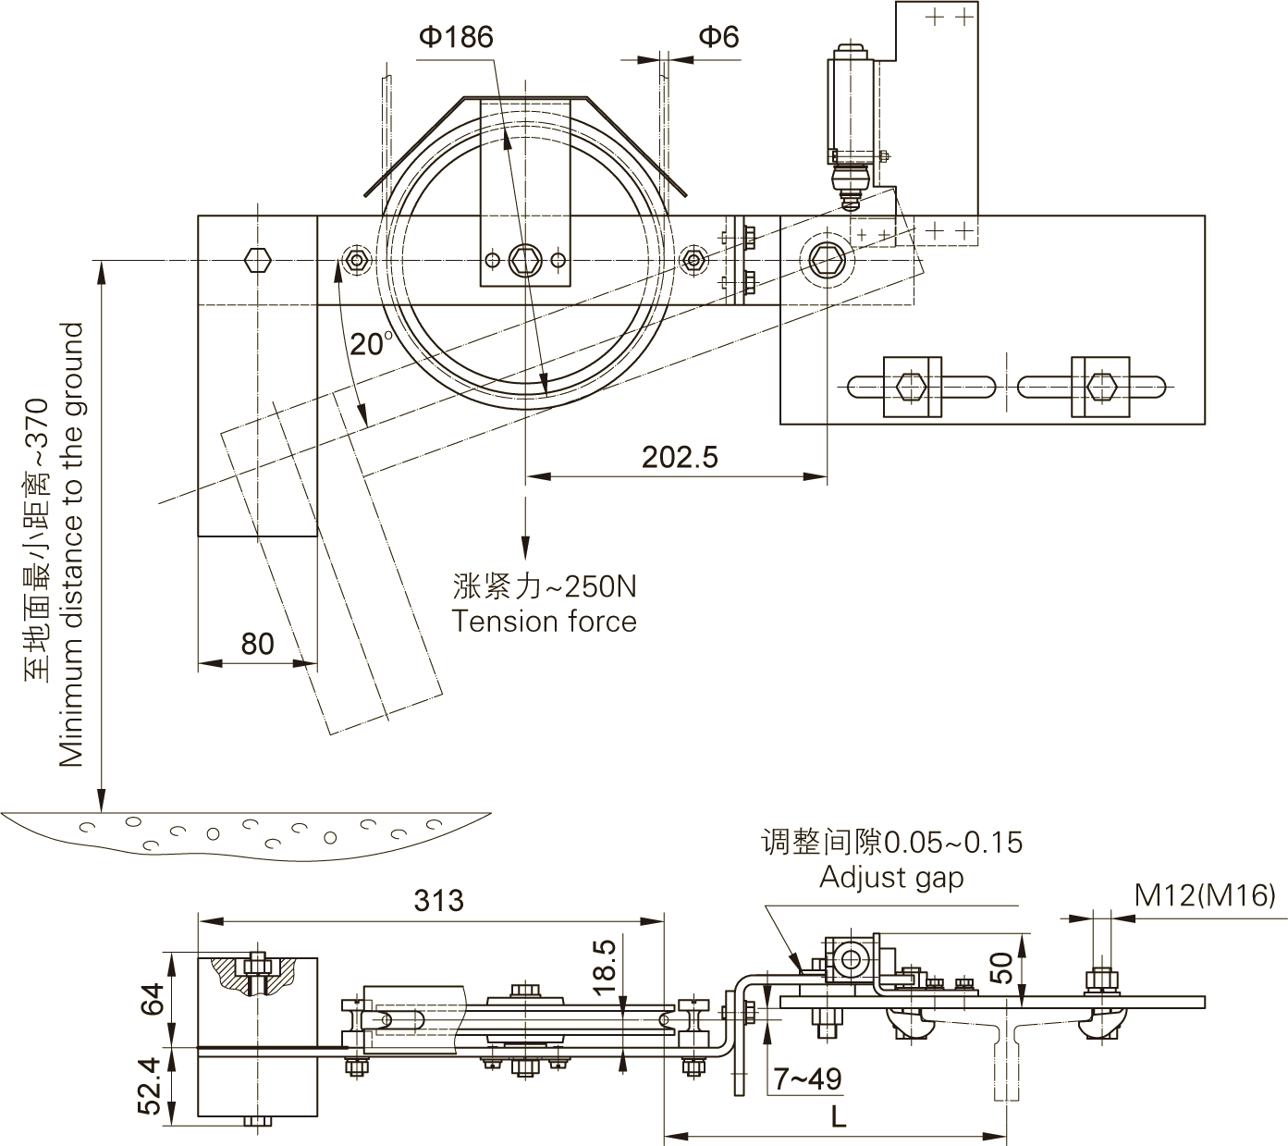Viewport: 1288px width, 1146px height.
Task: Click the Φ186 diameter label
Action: (456, 37)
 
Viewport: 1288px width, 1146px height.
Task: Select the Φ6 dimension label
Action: (718, 37)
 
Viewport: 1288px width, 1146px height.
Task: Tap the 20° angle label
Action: (371, 344)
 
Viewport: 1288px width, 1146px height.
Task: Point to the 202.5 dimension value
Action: (681, 457)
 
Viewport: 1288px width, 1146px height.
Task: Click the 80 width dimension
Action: (257, 643)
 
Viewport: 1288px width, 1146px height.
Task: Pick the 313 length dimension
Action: (438, 900)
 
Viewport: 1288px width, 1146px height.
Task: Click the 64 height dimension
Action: (153, 999)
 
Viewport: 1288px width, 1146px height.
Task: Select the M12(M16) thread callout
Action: (1205, 894)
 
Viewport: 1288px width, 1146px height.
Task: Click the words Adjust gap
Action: (890, 877)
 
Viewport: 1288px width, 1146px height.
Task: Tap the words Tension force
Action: (544, 622)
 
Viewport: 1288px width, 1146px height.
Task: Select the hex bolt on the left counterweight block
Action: (257, 260)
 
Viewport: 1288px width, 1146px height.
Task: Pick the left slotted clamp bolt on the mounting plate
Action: (912, 385)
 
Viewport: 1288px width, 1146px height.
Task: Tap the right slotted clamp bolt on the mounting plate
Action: (1099, 385)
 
